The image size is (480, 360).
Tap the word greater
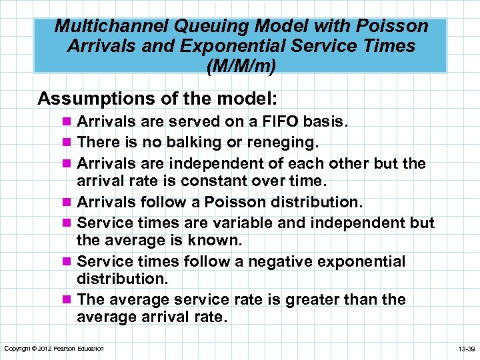click(317, 300)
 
